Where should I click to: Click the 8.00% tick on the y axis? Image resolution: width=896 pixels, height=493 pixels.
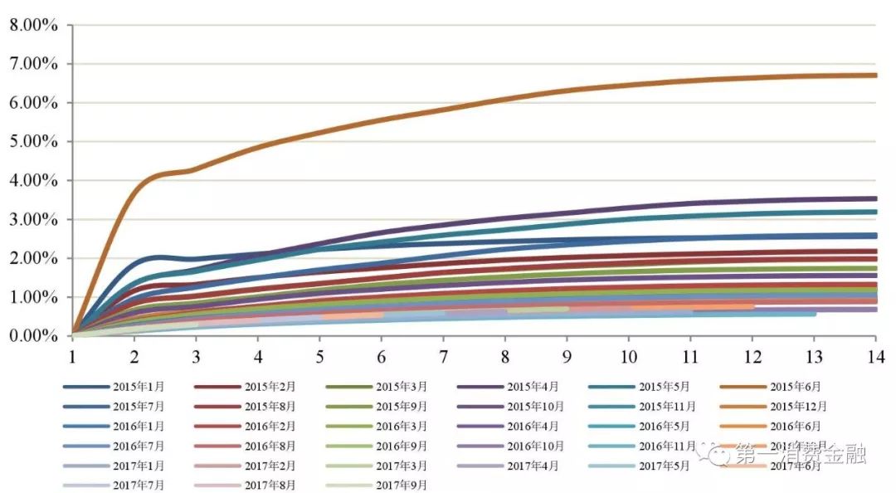[x=33, y=25]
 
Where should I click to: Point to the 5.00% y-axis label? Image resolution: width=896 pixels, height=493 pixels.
[x=33, y=142]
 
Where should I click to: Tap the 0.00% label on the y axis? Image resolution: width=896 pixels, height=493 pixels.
[x=33, y=336]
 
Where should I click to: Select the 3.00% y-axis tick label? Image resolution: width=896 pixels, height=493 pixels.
[x=33, y=220]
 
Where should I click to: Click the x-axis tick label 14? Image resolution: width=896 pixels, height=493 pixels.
[x=876, y=356]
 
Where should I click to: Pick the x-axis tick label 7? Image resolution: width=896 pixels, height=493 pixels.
[x=443, y=356]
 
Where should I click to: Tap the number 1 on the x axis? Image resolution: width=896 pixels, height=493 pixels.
[x=72, y=356]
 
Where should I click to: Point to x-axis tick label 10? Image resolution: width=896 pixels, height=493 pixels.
[x=628, y=356]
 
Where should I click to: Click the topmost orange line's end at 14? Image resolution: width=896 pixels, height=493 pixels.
[x=876, y=76]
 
